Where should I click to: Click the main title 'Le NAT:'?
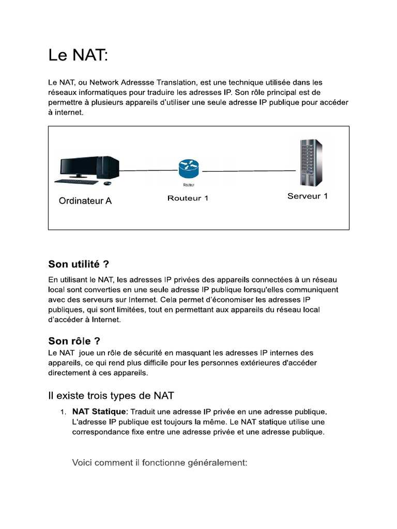79,55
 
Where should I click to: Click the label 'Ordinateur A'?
85,201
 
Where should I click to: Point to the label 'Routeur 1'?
188,198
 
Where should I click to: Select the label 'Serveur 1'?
308,196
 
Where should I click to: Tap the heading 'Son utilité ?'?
79,264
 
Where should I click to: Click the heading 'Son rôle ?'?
74,341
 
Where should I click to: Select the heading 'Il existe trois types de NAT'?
111,396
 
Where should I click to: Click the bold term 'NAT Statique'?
99,412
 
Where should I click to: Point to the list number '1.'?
62,412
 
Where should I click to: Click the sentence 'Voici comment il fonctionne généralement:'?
160,463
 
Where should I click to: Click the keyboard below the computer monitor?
77,181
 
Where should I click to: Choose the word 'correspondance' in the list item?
100,432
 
